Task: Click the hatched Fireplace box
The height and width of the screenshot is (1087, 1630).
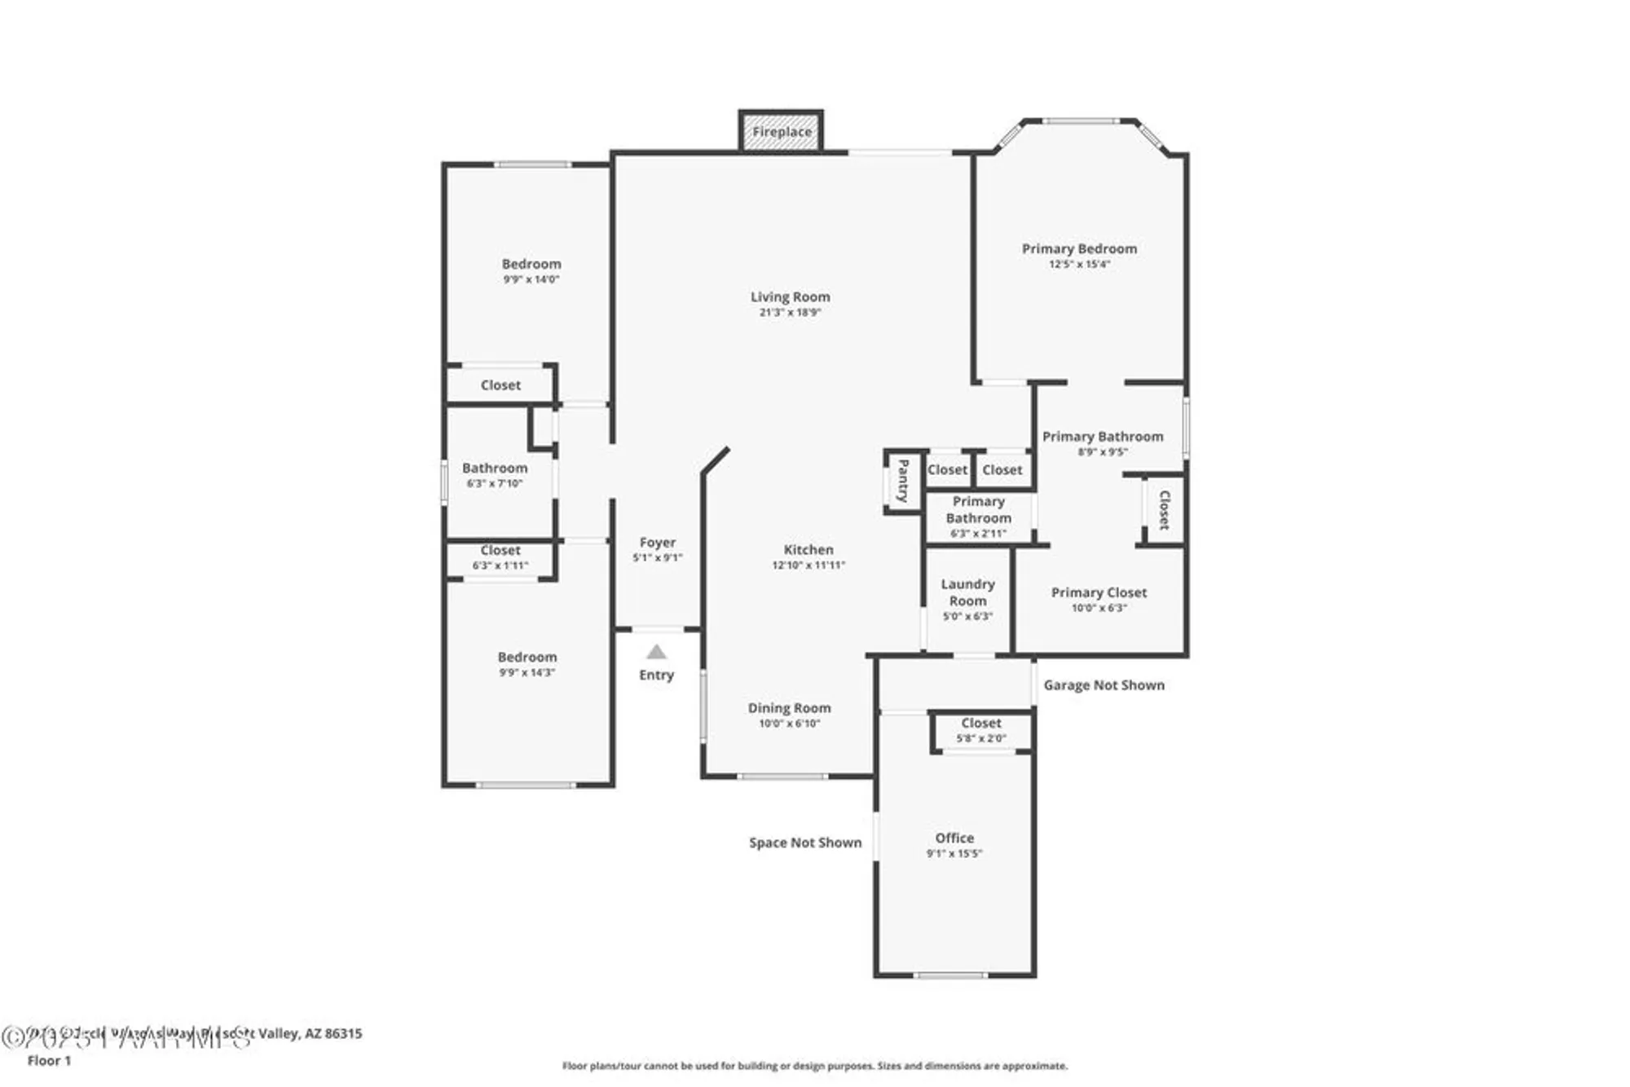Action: pyautogui.click(x=781, y=131)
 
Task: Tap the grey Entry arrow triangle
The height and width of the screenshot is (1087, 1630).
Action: pyautogui.click(x=656, y=652)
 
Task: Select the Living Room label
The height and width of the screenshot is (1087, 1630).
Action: pyautogui.click(x=790, y=297)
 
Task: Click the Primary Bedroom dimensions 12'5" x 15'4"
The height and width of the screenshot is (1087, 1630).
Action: pyautogui.click(x=1078, y=264)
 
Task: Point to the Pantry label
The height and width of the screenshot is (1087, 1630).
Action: pyautogui.click(x=903, y=481)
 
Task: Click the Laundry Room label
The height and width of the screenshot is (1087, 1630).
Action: pyautogui.click(x=967, y=592)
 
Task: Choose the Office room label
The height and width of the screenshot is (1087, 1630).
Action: pyautogui.click(x=954, y=838)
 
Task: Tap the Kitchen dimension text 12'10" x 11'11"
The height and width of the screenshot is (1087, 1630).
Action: pyautogui.click(x=808, y=565)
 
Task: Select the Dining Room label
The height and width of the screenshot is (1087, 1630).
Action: pyautogui.click(x=789, y=708)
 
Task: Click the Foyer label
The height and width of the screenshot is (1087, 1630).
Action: pyautogui.click(x=657, y=542)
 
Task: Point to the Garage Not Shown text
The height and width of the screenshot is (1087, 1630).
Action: pyautogui.click(x=1104, y=685)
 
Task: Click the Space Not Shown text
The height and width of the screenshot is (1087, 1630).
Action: pyautogui.click(x=804, y=843)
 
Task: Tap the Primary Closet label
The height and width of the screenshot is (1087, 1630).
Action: pyautogui.click(x=1099, y=592)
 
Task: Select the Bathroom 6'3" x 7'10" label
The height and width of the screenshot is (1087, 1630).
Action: pyautogui.click(x=494, y=468)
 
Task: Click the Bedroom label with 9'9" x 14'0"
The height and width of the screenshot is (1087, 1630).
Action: pyautogui.click(x=531, y=264)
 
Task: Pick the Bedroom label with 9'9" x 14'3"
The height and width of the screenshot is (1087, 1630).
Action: pyautogui.click(x=526, y=657)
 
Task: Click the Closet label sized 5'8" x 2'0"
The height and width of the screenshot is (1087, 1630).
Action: pyautogui.click(x=980, y=723)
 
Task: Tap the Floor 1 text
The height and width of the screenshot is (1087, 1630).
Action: pyautogui.click(x=49, y=1060)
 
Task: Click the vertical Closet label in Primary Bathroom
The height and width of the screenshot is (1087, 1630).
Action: pyautogui.click(x=1164, y=510)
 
